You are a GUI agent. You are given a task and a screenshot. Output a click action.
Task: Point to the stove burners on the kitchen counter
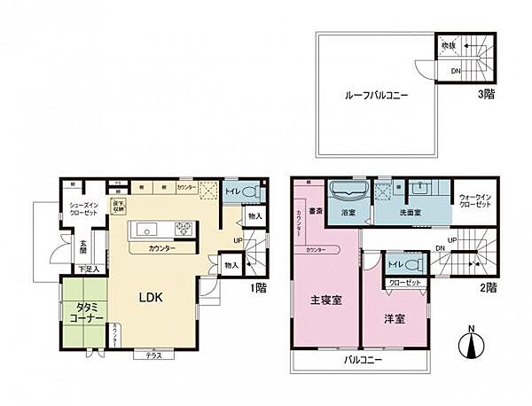[x=184, y=229]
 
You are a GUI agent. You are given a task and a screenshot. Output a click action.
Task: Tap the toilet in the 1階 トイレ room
[x=248, y=191]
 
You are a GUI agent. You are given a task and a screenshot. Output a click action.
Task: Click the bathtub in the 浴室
[x=347, y=192]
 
